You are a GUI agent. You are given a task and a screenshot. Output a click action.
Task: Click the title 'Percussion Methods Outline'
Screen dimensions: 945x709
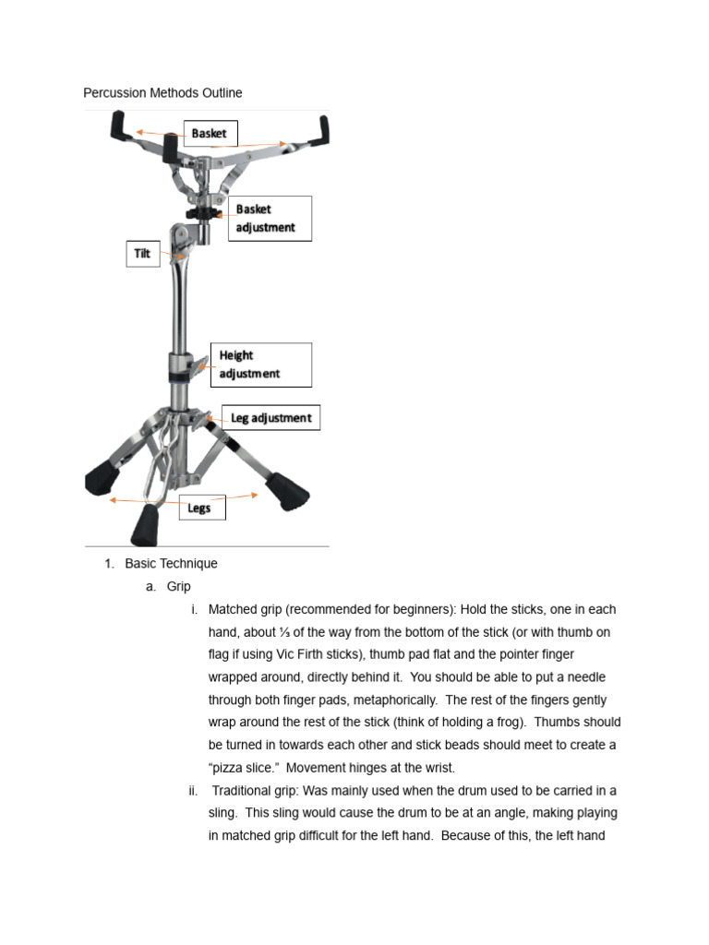point(162,92)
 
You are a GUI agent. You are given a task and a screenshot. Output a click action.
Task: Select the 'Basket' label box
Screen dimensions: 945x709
point(210,134)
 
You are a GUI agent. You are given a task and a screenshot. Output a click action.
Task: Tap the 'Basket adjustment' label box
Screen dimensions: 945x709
point(270,219)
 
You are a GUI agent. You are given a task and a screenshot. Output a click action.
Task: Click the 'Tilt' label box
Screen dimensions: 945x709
point(142,254)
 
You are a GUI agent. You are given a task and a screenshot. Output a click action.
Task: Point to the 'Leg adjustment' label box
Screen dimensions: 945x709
point(270,418)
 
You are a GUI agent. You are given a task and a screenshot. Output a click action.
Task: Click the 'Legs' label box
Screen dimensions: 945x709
point(200,508)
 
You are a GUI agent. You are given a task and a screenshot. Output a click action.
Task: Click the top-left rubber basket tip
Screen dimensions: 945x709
point(120,126)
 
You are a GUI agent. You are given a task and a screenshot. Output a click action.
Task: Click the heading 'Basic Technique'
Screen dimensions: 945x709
point(171,564)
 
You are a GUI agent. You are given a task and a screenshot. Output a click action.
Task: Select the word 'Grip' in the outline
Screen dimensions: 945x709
point(179,587)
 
